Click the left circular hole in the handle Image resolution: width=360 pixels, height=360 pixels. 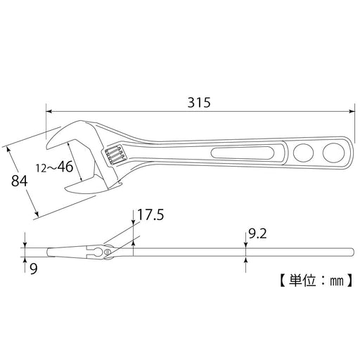click(304, 152)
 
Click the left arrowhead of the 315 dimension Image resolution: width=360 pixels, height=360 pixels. click(49, 110)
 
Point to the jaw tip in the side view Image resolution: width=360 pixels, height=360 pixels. click(47, 251)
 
